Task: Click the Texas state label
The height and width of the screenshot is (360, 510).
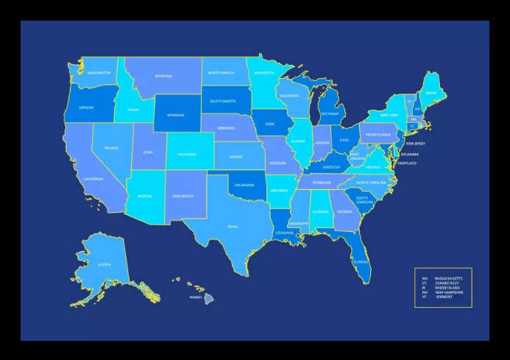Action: tap(233, 227)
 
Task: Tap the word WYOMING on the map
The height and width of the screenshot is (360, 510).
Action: tap(175, 115)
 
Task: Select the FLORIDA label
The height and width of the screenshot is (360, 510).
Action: tap(361, 261)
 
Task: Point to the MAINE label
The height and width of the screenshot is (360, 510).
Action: tap(431, 93)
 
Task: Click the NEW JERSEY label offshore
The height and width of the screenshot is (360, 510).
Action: tap(415, 144)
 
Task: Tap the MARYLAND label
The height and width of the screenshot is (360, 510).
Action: tap(407, 163)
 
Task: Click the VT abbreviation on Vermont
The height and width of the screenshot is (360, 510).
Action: tap(409, 102)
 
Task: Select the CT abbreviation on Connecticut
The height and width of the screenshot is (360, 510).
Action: tap(412, 126)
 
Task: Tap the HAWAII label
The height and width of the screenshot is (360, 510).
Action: tap(195, 297)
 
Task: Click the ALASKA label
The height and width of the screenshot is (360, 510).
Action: tap(105, 264)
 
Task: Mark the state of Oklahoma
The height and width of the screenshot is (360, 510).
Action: tap(246, 186)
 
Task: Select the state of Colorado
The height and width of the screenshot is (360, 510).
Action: tap(186, 154)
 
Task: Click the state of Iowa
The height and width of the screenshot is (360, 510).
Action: tap(270, 124)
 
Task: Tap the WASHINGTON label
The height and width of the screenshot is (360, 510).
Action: tap(99, 73)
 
